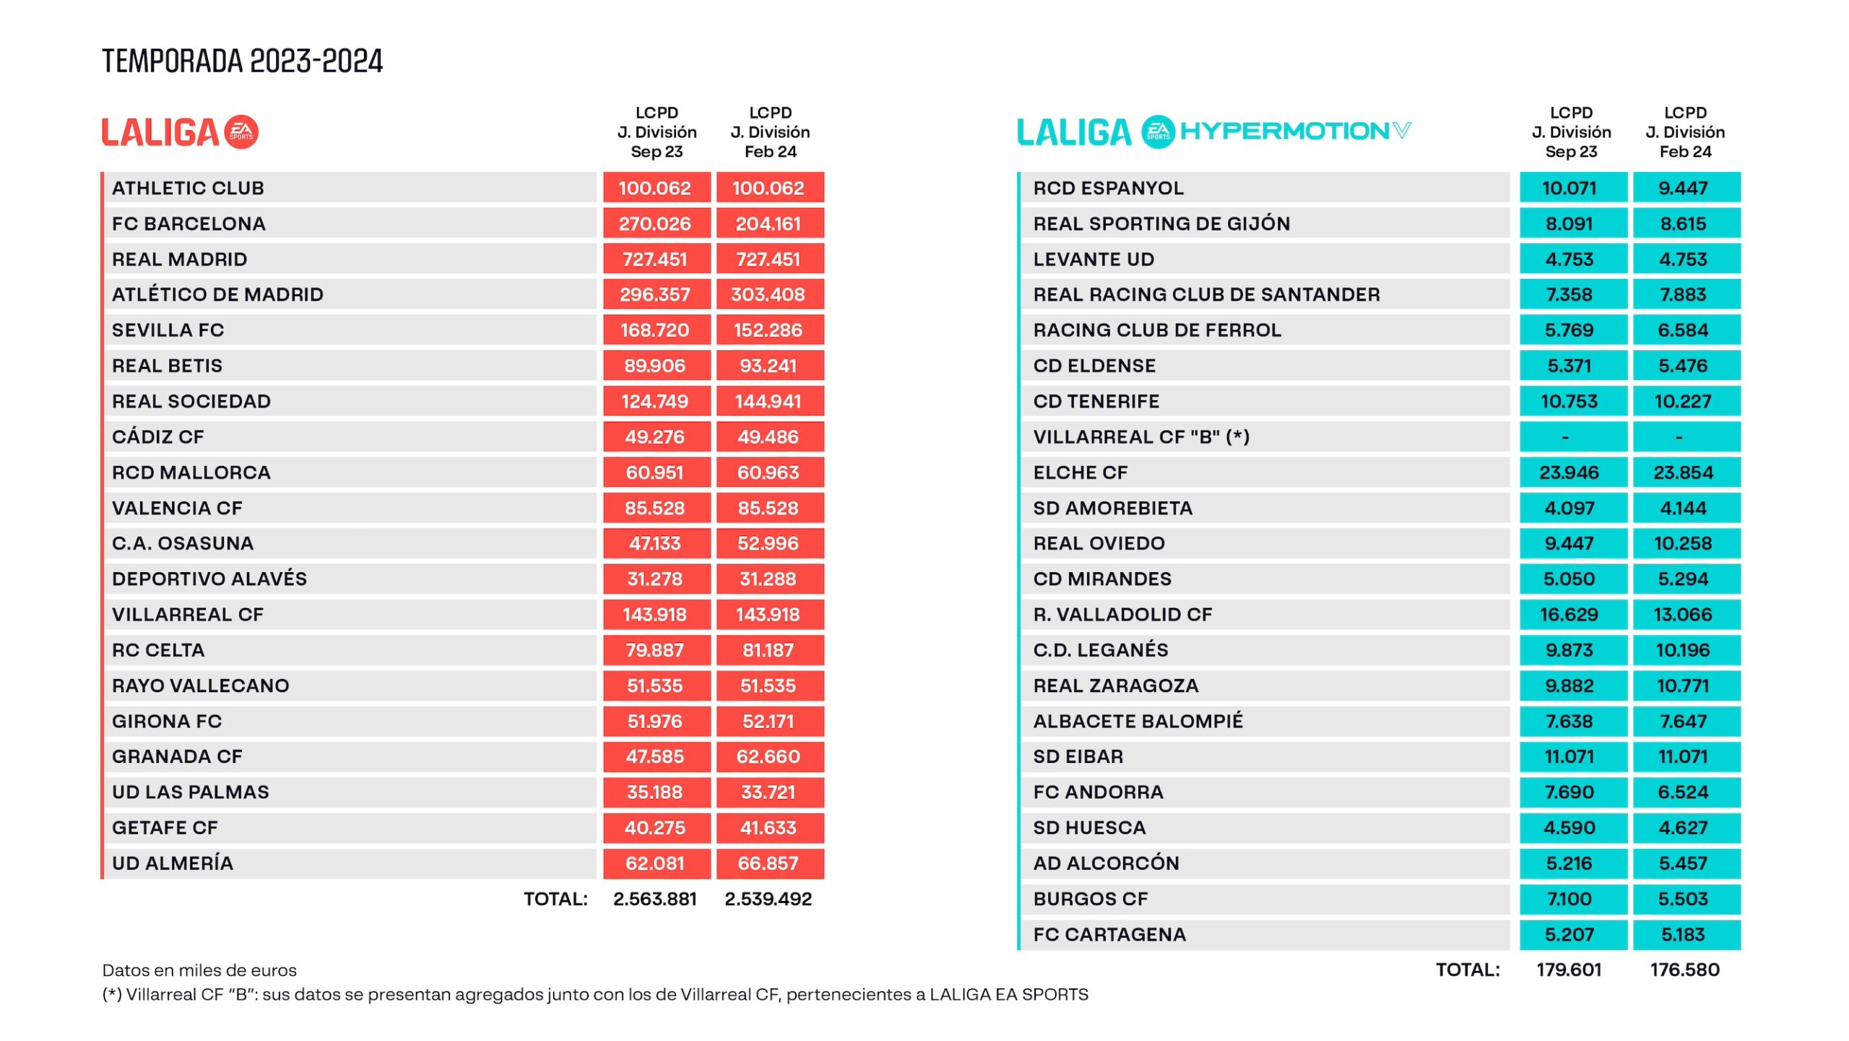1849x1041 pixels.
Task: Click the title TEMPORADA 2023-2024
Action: pyautogui.click(x=242, y=61)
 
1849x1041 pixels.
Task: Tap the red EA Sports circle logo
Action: pyautogui.click(x=241, y=132)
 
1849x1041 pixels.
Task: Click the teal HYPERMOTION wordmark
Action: pyautogui.click(x=1284, y=131)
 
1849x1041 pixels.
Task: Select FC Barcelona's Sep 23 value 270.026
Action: pyautogui.click(x=654, y=224)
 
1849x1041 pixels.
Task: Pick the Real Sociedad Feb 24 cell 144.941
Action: pyautogui.click(x=768, y=402)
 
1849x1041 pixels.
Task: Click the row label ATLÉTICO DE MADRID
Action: pyautogui.click(x=217, y=295)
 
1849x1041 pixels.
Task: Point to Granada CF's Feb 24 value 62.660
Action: pyautogui.click(x=768, y=756)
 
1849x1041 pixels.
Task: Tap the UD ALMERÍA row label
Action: pyautogui.click(x=173, y=863)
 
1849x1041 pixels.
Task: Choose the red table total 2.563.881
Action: pyautogui.click(x=654, y=899)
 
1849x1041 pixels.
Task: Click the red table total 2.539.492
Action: pyautogui.click(x=768, y=899)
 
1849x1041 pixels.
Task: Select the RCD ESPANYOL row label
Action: pyautogui.click(x=1108, y=189)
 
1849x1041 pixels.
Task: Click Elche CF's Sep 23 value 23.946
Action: pyautogui.click(x=1569, y=472)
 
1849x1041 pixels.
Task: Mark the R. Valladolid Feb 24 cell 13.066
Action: pyautogui.click(x=1683, y=615)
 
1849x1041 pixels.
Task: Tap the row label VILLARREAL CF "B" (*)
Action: pyautogui.click(x=1141, y=437)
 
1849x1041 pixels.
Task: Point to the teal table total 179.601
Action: pyautogui.click(x=1569, y=969)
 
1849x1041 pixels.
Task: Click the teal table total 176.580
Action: pyautogui.click(x=1684, y=969)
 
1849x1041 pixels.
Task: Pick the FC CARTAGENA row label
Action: pyautogui.click(x=1109, y=935)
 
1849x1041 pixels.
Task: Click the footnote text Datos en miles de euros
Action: pyautogui.click(x=199, y=970)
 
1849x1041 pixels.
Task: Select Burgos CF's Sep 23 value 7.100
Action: pyautogui.click(x=1569, y=899)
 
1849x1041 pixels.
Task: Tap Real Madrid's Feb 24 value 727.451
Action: pyautogui.click(x=768, y=259)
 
